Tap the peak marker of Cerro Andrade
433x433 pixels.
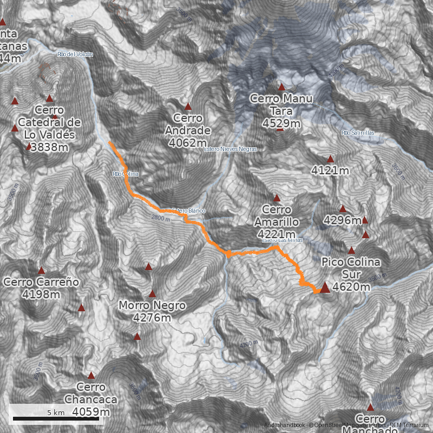pos(188,107)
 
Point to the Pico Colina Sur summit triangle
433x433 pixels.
pos(325,287)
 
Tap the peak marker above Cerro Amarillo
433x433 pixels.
pos(277,198)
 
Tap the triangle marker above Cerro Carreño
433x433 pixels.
pos(42,270)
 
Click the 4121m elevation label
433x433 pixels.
pos(330,171)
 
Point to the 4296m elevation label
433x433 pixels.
pos(342,220)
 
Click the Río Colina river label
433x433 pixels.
pos(126,174)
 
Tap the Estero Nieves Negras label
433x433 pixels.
pos(230,149)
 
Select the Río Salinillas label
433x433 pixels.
pos(358,133)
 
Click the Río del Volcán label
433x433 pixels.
pos(75,54)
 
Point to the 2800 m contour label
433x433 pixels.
pos(161,218)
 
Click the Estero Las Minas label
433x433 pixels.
pos(282,240)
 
